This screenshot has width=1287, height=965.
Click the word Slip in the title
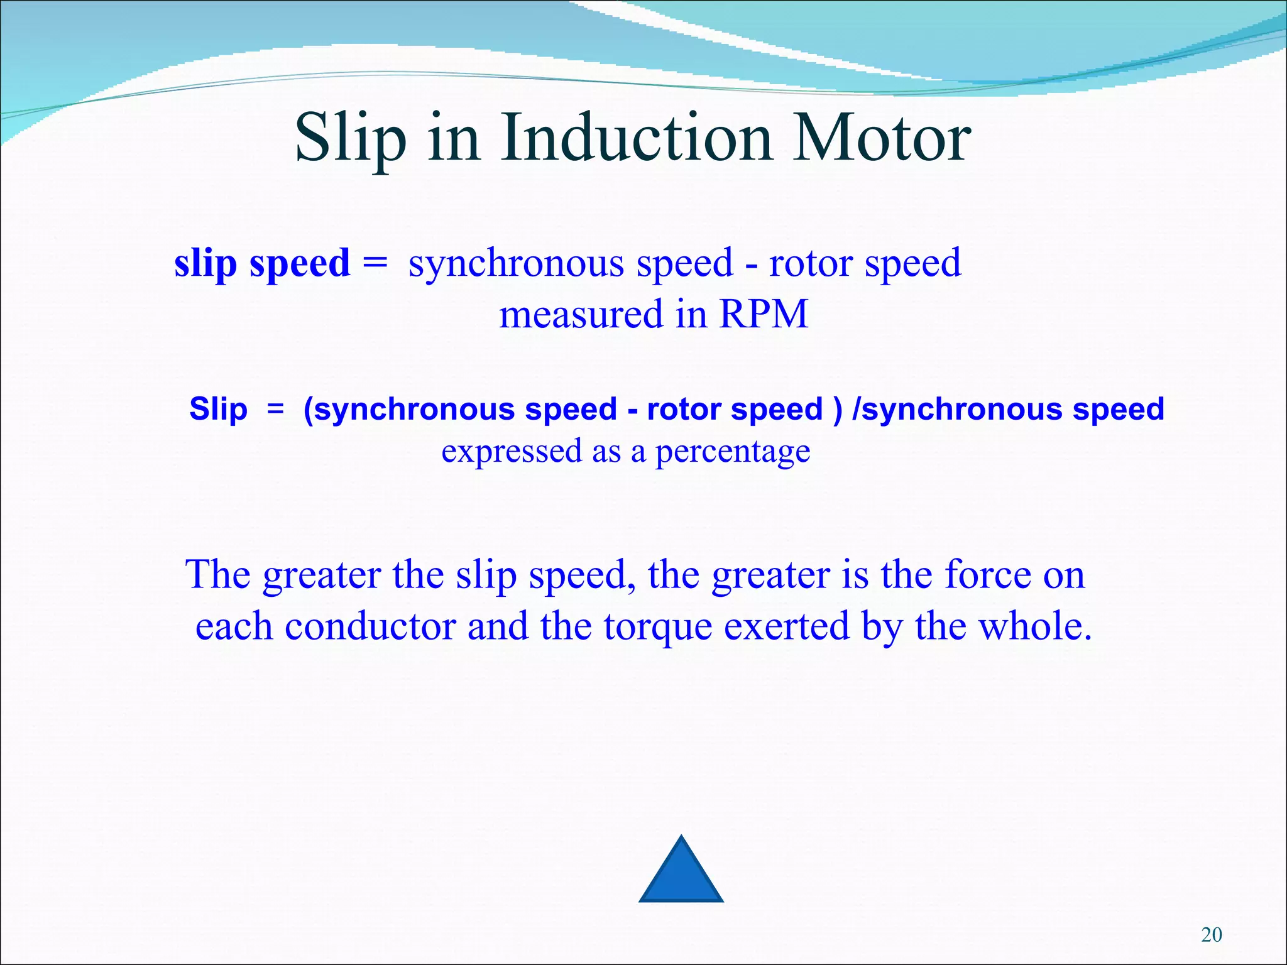350,138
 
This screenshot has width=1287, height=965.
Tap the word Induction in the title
636,138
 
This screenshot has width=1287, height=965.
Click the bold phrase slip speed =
280,263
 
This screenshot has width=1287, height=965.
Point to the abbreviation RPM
762,314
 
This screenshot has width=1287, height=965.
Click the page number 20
1211,935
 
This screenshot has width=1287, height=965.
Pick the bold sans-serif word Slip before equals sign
218,410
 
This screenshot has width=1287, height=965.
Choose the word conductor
370,626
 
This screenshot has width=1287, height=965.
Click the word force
987,574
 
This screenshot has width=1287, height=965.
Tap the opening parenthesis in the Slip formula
308,410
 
